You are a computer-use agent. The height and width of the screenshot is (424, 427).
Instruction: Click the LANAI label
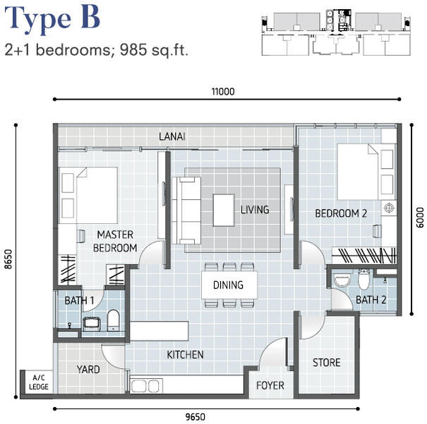point(172,136)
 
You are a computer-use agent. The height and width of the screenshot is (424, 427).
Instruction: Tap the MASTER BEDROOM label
point(115,241)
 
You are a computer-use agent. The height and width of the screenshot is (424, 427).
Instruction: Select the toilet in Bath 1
point(114,320)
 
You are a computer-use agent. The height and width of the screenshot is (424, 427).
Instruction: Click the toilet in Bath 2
point(364,279)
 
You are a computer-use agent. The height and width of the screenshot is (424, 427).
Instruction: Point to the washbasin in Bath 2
point(342,281)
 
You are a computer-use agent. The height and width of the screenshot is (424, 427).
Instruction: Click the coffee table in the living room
point(224,210)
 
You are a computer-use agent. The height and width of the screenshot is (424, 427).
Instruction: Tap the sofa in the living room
point(186,210)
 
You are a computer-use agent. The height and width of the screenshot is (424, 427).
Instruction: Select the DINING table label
point(228,285)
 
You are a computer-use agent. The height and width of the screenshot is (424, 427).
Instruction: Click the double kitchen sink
point(145,386)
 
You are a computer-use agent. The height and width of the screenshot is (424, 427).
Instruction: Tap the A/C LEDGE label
point(39,382)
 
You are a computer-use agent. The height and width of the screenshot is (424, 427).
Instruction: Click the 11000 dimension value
point(223,92)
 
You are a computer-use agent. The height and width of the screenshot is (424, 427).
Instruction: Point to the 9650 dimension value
point(196,417)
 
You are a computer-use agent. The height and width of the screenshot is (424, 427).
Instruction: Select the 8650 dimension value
point(8,259)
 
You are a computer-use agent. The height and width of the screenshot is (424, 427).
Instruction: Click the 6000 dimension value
point(420,218)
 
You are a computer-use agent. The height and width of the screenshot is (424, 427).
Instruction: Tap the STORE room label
point(327,363)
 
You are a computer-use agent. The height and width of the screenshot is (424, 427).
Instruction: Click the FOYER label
point(270,386)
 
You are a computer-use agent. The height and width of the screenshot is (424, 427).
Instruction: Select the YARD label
point(88,370)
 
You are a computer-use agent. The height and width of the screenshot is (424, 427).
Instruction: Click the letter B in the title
point(90,18)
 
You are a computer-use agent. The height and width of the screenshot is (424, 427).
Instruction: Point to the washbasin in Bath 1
point(91,324)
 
